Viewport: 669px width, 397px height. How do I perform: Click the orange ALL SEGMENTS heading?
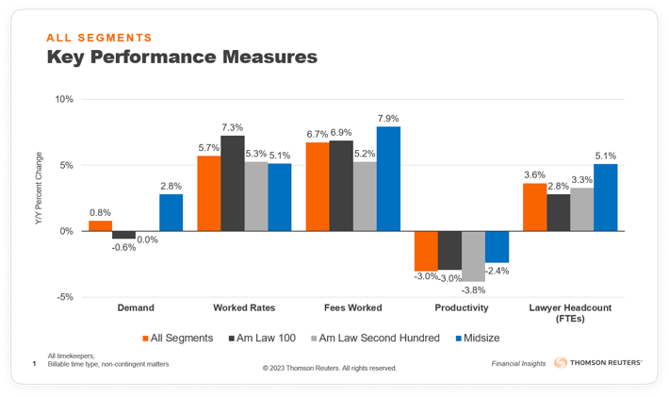pyautogui.click(x=99, y=38)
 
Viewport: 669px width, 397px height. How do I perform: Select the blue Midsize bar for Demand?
pyautogui.click(x=171, y=212)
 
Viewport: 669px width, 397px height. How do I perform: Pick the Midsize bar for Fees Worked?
pyautogui.click(x=388, y=179)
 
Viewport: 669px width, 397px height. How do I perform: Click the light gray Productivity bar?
pyautogui.click(x=473, y=256)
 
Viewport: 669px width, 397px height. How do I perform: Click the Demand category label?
pyautogui.click(x=136, y=307)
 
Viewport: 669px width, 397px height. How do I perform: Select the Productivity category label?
pyautogui.click(x=462, y=307)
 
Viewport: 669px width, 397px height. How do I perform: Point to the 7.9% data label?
pyautogui.click(x=388, y=118)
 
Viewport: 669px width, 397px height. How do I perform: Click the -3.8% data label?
pyautogui.click(x=473, y=289)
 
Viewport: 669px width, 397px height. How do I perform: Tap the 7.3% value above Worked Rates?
pyautogui.click(x=232, y=127)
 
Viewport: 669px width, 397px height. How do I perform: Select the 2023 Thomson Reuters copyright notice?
pyautogui.click(x=330, y=368)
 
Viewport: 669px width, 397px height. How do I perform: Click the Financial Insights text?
pyautogui.click(x=518, y=363)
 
